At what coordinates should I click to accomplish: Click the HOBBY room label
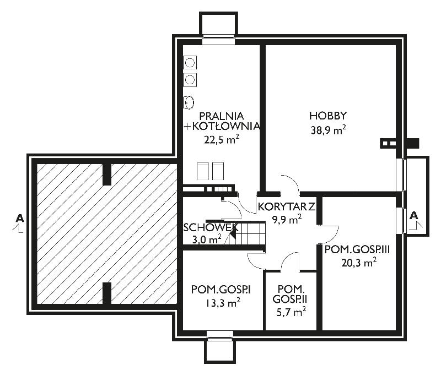[328, 116]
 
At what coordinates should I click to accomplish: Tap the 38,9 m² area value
[328, 130]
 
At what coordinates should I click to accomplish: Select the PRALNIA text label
[222, 116]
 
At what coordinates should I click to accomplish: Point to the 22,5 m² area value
[222, 139]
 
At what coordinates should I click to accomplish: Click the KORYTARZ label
[286, 207]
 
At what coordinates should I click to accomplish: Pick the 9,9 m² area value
[287, 219]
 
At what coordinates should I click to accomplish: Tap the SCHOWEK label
[211, 227]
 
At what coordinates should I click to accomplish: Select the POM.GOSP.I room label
[221, 290]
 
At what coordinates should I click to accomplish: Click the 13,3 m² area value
[222, 303]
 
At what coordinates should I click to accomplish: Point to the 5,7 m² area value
[291, 312]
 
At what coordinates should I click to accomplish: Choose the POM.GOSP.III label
[357, 249]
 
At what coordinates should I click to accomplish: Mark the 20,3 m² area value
[359, 263]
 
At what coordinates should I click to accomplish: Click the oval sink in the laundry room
[189, 102]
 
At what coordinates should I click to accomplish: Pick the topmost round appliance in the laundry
[190, 62]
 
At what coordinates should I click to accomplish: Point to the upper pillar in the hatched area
[107, 175]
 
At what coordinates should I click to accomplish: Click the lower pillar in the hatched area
[107, 293]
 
